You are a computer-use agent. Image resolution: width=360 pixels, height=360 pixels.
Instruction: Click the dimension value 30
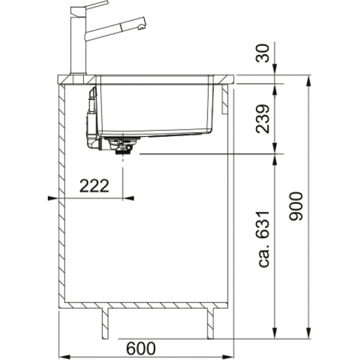tap(262, 53)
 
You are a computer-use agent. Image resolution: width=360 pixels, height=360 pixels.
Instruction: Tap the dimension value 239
tap(262, 119)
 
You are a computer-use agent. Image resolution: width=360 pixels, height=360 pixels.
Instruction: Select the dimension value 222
tap(94, 186)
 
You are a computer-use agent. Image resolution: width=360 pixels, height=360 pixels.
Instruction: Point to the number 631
tap(263, 225)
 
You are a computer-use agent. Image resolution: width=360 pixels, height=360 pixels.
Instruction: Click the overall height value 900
tap(296, 206)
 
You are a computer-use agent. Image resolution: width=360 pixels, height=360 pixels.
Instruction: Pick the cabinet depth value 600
tap(141, 348)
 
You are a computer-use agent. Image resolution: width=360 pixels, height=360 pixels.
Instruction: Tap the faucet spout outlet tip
tap(141, 27)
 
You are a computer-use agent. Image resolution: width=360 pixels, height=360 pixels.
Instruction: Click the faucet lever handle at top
tap(90, 8)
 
